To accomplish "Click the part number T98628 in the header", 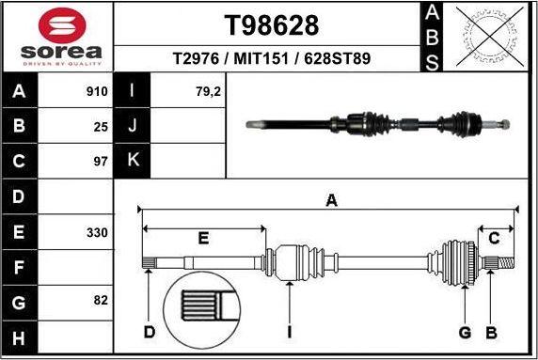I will [272, 24].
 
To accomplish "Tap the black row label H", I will [20, 337].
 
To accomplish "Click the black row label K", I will [133, 161].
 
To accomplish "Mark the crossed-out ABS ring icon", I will [486, 37].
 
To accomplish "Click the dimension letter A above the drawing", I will [331, 199].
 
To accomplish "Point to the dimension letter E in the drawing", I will [202, 238].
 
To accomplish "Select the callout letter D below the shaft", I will [149, 333].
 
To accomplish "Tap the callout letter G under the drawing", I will [464, 333].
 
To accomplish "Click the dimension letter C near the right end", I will [494, 237].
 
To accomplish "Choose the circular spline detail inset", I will [205, 310].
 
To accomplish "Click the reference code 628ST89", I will [337, 58].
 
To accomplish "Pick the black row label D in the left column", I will [20, 196].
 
